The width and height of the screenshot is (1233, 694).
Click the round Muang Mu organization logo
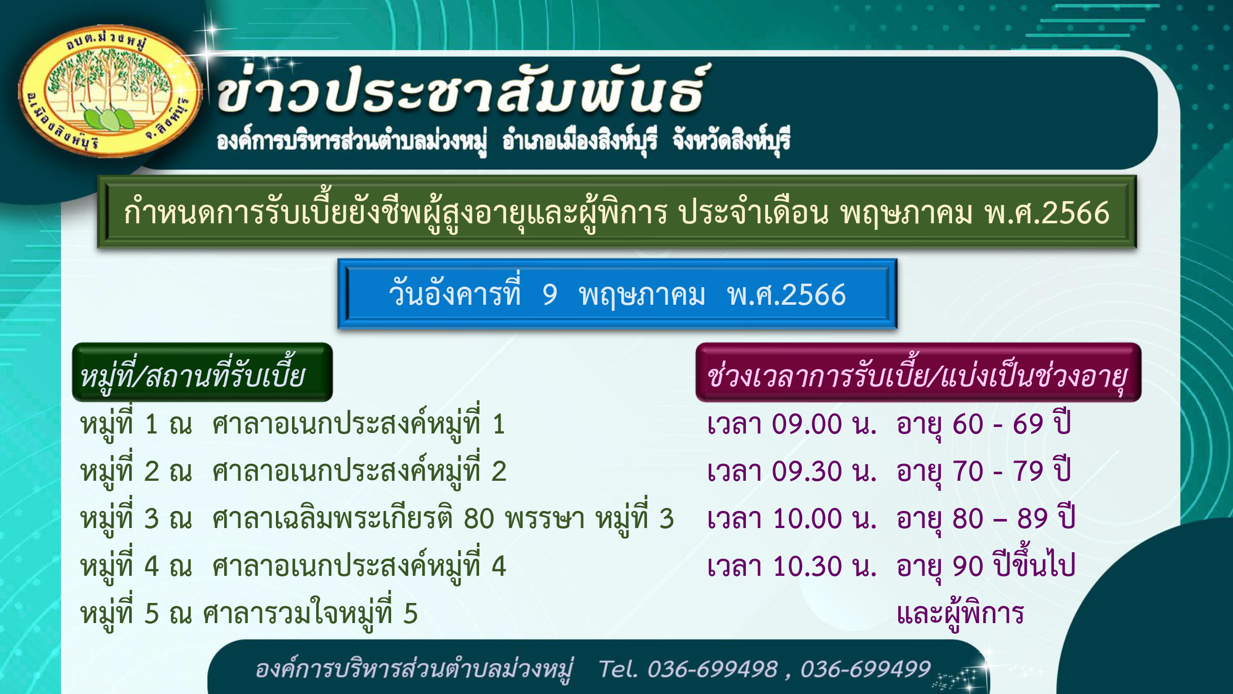point(110,91)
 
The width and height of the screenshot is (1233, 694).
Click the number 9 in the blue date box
point(550,295)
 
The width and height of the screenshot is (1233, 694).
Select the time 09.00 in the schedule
point(807,424)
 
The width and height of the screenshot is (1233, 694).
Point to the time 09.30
point(807,471)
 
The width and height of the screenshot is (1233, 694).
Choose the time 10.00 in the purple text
point(807,518)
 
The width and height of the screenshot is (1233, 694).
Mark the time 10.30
point(807,566)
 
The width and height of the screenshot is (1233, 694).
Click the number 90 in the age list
point(968,566)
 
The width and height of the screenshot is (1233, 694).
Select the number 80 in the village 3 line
point(479,518)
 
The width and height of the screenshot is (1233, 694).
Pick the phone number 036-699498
point(712,669)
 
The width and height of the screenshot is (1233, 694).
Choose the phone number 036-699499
point(866,669)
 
